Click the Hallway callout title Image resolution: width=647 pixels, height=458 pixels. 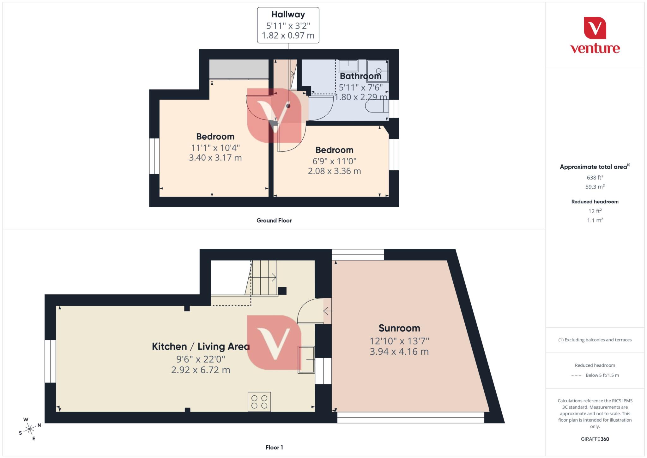(288, 15)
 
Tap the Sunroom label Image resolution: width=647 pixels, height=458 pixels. (399, 328)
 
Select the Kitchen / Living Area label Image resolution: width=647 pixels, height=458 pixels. (201, 346)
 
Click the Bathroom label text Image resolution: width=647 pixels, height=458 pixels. (360, 76)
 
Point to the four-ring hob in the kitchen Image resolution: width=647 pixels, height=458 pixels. (259, 401)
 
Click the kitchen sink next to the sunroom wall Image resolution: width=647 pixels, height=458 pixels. (306, 360)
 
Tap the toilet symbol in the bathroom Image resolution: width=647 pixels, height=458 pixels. (376, 107)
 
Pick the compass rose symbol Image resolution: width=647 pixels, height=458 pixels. (30, 429)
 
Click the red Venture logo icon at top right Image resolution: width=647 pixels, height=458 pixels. (595, 28)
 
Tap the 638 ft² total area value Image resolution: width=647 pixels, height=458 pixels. (595, 177)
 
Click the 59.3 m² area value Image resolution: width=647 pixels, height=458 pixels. (595, 187)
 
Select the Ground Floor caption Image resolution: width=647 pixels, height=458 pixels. (274, 221)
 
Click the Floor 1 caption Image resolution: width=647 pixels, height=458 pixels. (274, 447)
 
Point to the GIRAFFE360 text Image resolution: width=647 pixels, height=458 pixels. (595, 439)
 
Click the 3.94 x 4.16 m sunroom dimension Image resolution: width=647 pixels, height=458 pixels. (399, 351)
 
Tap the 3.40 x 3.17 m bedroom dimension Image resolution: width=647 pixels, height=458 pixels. (215, 157)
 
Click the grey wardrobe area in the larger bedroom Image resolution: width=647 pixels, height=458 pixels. (239, 69)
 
